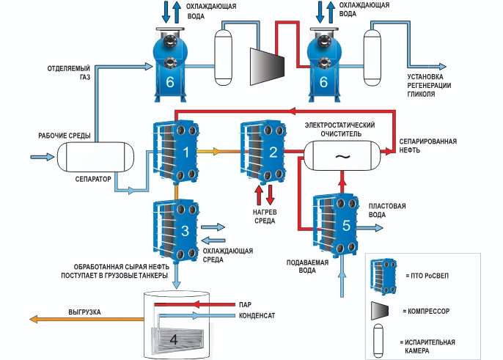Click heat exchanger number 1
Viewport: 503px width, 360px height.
coord(176,152)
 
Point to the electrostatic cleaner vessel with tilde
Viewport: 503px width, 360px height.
coord(341,155)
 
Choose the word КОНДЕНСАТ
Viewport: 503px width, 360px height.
coord(257,317)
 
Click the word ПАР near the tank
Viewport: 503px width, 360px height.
coord(245,304)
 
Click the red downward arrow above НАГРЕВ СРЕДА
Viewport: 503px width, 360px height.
coord(270,195)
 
